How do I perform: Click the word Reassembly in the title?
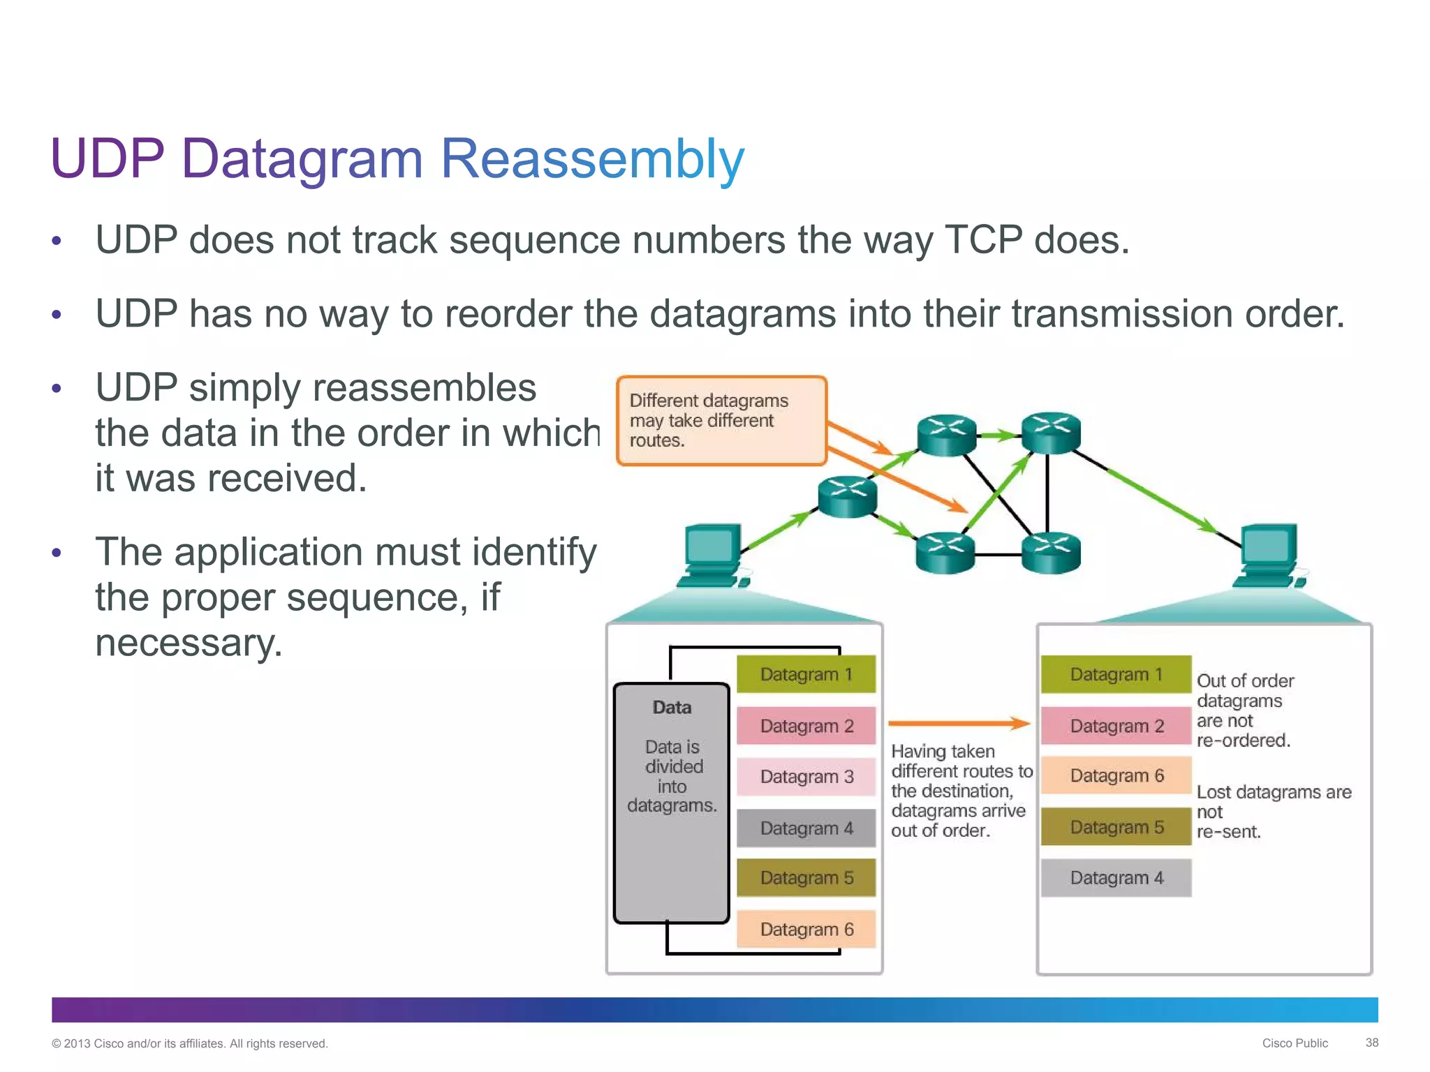pos(592,159)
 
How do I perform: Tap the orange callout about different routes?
pos(721,421)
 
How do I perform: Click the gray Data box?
pos(672,803)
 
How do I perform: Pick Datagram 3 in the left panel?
pos(806,777)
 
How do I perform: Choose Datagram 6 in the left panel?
pos(806,930)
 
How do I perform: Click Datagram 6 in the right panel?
pos(1116,775)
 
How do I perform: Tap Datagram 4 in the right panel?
pos(1116,878)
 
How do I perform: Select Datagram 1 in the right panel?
pos(1116,674)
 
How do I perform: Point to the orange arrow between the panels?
pos(958,724)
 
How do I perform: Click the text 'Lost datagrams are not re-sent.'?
pos(1272,812)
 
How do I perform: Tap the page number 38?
pos(1371,1043)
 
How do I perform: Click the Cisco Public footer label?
pos(1295,1043)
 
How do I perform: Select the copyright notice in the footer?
pos(189,1043)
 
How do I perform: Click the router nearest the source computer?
pos(847,496)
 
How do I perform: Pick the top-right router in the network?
pos(1051,433)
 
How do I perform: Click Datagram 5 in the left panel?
pos(806,878)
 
